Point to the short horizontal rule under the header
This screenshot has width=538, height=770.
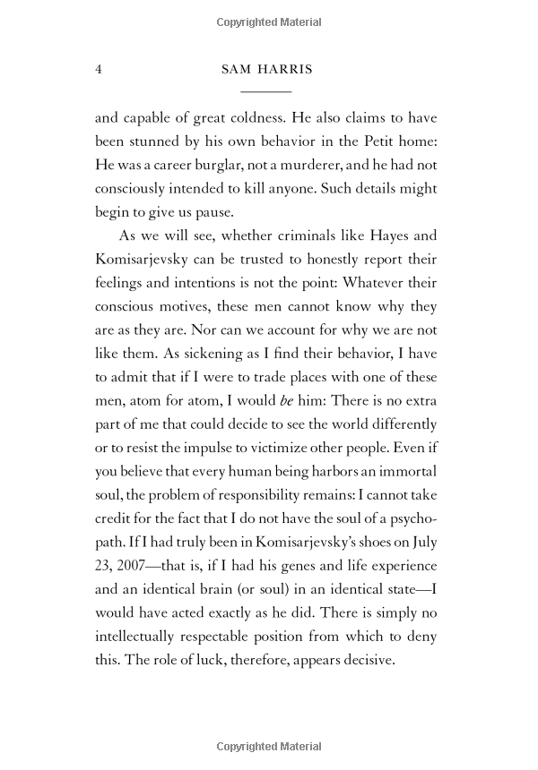coord(266,92)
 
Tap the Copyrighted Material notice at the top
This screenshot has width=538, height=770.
coord(269,21)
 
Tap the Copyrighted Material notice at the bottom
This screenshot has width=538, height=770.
coord(269,747)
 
